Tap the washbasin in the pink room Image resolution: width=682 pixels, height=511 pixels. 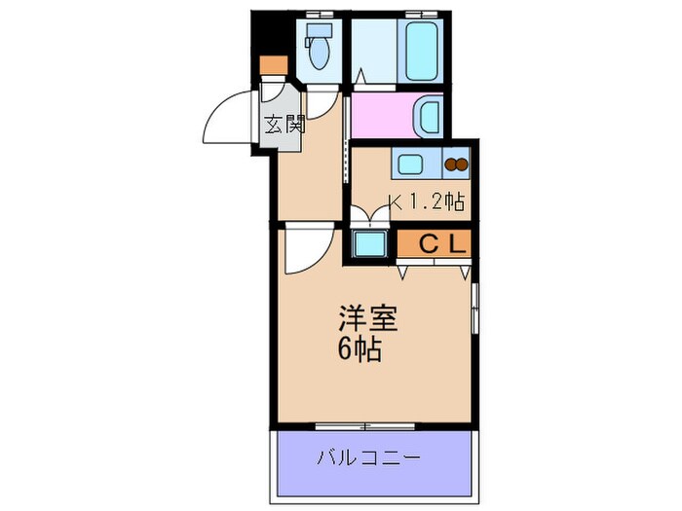[x=429, y=116]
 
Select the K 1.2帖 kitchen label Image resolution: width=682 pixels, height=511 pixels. [x=427, y=202]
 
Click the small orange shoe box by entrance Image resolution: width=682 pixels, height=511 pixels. [x=274, y=66]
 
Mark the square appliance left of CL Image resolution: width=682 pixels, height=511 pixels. [x=369, y=243]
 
